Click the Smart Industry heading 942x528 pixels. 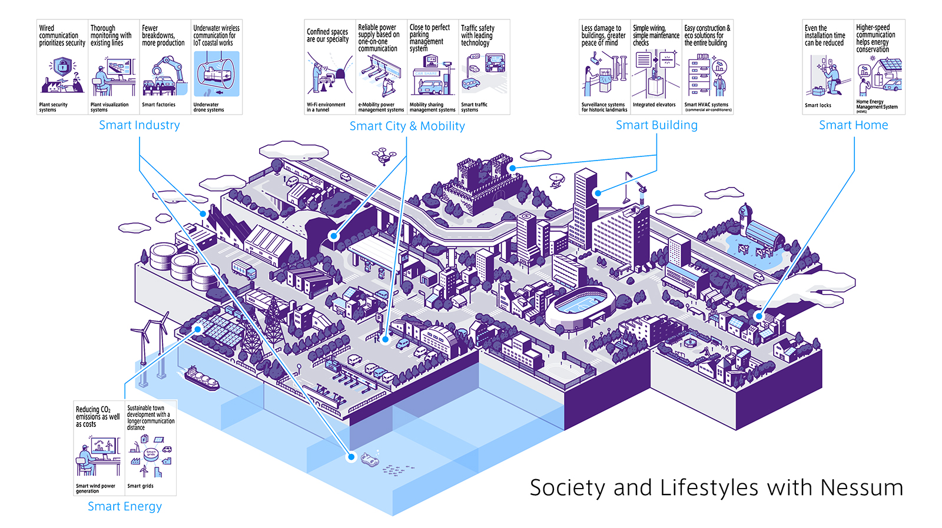click(x=140, y=125)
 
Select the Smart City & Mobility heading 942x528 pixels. click(x=407, y=126)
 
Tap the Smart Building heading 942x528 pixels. click(x=656, y=125)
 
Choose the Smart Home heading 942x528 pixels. click(x=853, y=125)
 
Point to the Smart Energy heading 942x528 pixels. click(x=125, y=507)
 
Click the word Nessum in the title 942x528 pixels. click(x=861, y=488)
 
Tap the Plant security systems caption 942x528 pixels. click(x=54, y=107)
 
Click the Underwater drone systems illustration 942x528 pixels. click(x=217, y=74)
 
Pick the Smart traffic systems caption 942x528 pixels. click(x=474, y=107)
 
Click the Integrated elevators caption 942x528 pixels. click(x=654, y=105)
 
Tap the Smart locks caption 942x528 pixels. click(x=818, y=105)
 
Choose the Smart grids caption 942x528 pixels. click(x=140, y=486)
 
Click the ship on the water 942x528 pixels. click(x=202, y=379)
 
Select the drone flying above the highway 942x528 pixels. click(x=383, y=156)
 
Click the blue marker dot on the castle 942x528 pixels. click(x=513, y=168)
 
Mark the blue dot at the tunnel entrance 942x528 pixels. click(x=334, y=236)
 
